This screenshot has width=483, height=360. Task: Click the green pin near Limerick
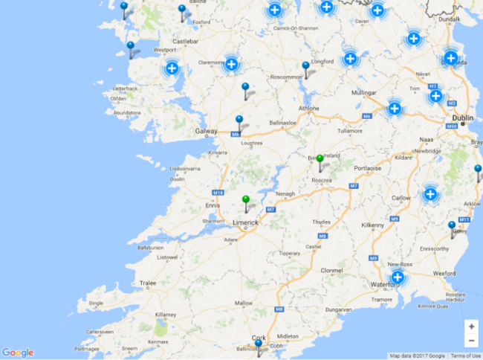(245, 200)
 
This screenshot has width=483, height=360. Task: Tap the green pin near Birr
(320, 159)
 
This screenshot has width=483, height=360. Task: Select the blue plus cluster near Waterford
(398, 277)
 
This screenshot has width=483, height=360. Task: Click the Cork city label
(259, 337)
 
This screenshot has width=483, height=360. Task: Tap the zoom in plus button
(471, 327)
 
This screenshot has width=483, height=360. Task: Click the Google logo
(17, 353)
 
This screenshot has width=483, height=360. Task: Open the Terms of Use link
(465, 356)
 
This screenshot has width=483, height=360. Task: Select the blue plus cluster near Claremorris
(231, 65)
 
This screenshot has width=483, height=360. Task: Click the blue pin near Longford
(305, 67)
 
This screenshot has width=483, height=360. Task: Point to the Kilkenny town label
(372, 225)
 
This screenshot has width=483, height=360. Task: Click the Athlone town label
(308, 109)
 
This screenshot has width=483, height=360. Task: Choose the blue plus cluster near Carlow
(429, 194)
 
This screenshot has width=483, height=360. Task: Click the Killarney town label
(165, 315)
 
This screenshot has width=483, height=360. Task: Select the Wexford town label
(444, 273)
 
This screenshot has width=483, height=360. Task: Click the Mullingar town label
(363, 93)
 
